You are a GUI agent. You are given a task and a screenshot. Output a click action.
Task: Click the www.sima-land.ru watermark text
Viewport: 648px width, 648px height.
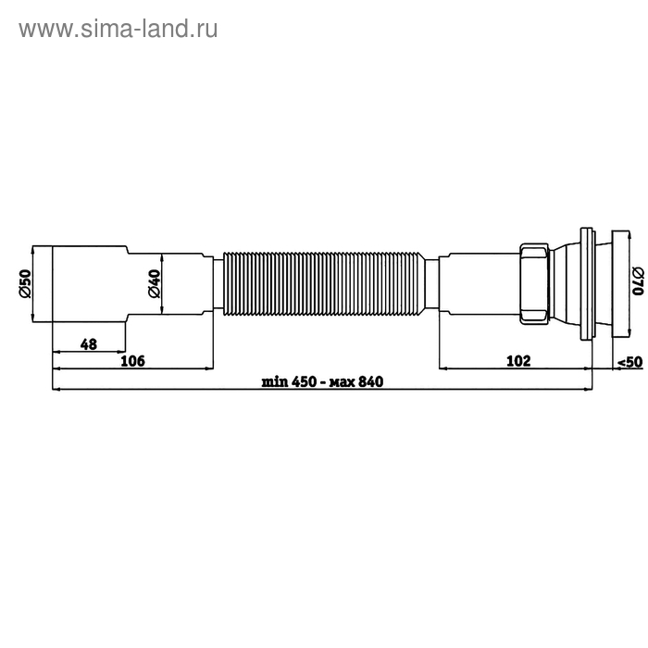point(118,29)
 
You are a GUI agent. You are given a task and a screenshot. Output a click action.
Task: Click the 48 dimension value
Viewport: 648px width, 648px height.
point(89,344)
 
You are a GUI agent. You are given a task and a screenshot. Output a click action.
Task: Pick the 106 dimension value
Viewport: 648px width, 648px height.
point(133,361)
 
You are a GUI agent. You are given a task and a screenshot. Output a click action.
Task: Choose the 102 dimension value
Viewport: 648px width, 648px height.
point(519,361)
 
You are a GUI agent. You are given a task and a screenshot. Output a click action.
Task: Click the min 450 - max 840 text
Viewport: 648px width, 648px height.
point(322,381)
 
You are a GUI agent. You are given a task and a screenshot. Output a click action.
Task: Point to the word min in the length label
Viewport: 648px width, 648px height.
point(274,381)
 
